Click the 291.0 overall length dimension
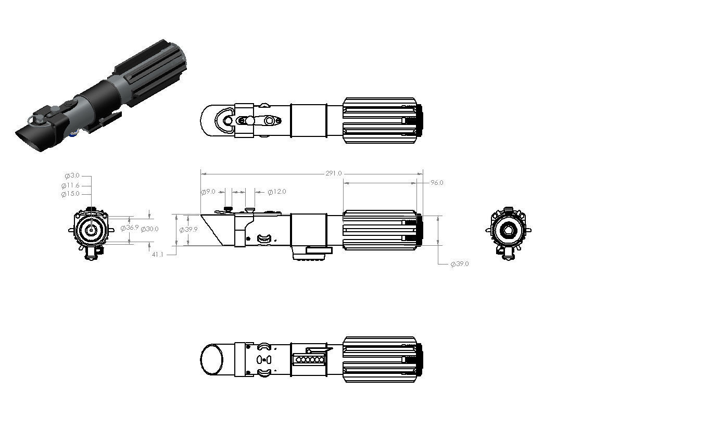point(333,173)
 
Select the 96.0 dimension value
point(436,183)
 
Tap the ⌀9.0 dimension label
point(208,192)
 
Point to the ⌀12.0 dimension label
point(276,192)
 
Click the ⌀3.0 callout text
point(72,175)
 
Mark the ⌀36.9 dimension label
point(130,228)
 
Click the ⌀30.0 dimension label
point(149,229)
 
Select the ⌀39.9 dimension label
point(188,230)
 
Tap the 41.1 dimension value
point(157,255)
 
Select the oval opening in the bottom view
point(211,359)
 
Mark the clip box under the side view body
point(319,250)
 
